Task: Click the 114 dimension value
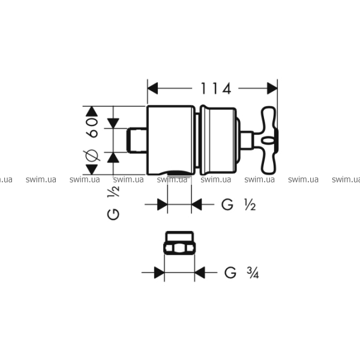(215, 89)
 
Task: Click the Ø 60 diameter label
(92, 139)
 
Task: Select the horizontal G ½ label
(239, 205)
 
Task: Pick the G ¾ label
(242, 273)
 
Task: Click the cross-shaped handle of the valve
(269, 140)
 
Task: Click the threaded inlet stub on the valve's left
(137, 140)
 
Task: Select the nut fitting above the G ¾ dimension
(179, 243)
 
